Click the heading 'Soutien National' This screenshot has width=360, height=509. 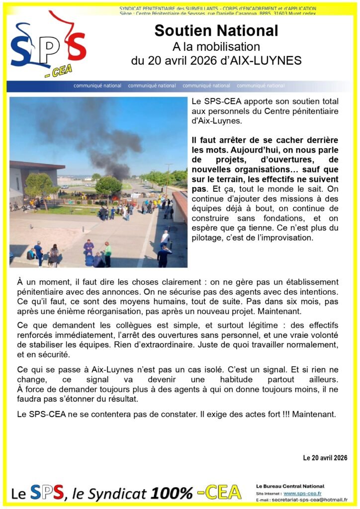(216, 31)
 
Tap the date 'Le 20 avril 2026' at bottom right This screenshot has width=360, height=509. (325, 458)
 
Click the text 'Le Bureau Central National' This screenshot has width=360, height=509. (290, 486)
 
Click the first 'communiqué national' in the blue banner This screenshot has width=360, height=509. (97, 86)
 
